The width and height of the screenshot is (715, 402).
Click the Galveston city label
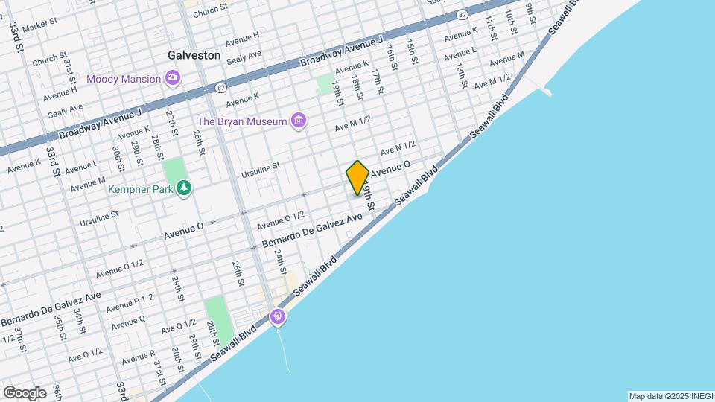194,55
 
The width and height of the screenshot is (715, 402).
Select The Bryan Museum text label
242,121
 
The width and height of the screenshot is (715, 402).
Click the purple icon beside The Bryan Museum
299,121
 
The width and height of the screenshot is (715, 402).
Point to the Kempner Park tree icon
183,189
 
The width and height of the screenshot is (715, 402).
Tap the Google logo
25,392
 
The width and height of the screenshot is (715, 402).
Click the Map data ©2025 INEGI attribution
670,396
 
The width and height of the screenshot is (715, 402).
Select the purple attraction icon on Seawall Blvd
278,317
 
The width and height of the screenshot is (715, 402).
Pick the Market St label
40,28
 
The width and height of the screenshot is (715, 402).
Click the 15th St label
412,54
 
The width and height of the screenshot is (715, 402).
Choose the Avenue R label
137,357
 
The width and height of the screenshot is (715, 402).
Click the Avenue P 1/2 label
130,303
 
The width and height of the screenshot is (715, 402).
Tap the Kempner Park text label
141,189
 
